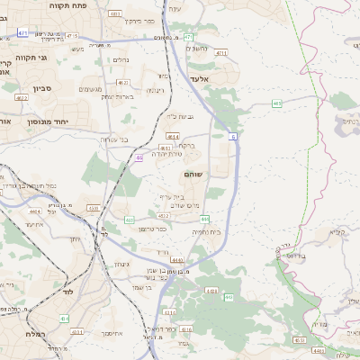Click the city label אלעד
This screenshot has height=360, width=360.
[x=200, y=78]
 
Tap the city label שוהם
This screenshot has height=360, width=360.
[x=219, y=174]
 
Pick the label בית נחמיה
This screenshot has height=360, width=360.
[x=206, y=231]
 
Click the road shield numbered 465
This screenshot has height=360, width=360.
[x=276, y=104]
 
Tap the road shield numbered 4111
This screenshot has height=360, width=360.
[x=77, y=331]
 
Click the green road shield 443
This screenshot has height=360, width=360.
[x=130, y=219]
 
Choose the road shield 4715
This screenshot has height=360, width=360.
[x=70, y=37]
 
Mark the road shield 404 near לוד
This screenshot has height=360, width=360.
[x=64, y=318]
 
